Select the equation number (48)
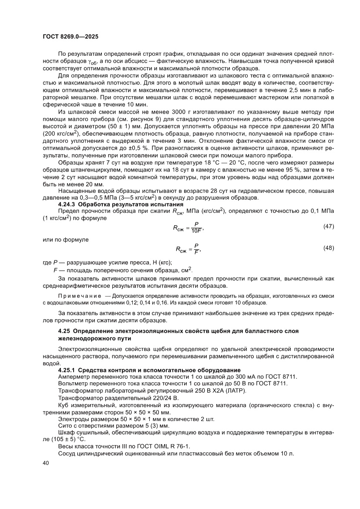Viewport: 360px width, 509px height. (328, 248)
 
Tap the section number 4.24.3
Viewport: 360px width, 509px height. (68, 204)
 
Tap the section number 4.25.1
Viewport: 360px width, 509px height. (68, 370)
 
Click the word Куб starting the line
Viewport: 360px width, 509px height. (64, 405)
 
